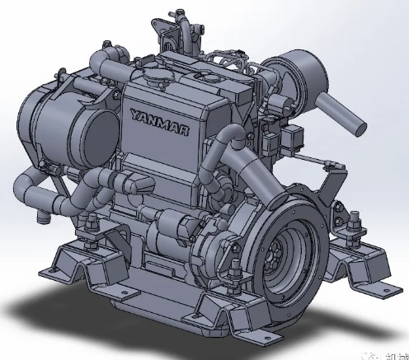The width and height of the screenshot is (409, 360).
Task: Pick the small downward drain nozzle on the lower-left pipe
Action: [x=38, y=216]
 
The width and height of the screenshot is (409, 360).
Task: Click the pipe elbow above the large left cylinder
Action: [x=100, y=65]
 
